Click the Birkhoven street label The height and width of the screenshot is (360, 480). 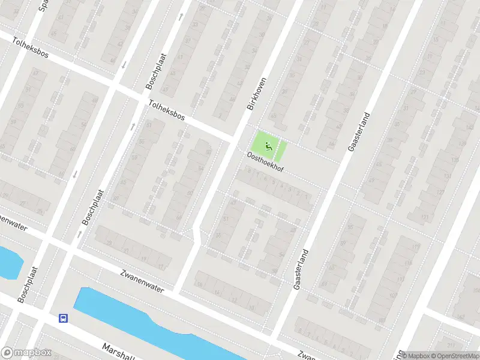(256, 92)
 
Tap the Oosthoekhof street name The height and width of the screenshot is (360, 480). (265, 163)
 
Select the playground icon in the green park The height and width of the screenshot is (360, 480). (268, 144)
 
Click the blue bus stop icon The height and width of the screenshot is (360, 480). (62, 318)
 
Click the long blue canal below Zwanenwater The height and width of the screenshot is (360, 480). (150, 324)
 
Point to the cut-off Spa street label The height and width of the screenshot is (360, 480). (42, 5)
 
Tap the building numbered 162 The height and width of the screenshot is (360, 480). (460, 316)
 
